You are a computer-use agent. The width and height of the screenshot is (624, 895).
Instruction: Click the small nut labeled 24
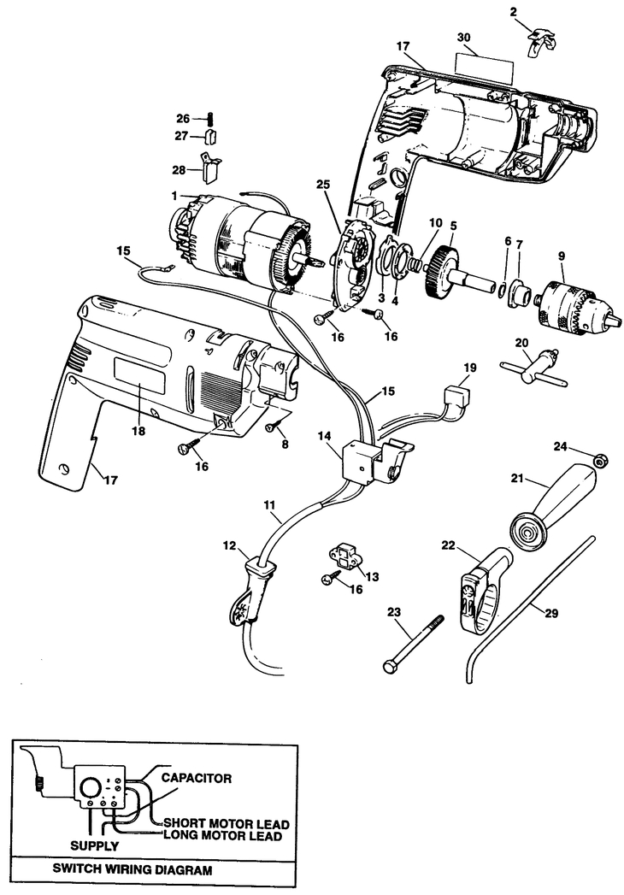602,461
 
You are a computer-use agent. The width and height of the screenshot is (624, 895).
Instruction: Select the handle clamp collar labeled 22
478,589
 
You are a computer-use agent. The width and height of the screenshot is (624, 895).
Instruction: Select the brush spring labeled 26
208,119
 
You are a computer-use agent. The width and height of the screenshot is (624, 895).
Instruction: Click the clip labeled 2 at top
539,39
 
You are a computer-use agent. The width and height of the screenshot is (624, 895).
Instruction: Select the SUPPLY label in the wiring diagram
93,845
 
